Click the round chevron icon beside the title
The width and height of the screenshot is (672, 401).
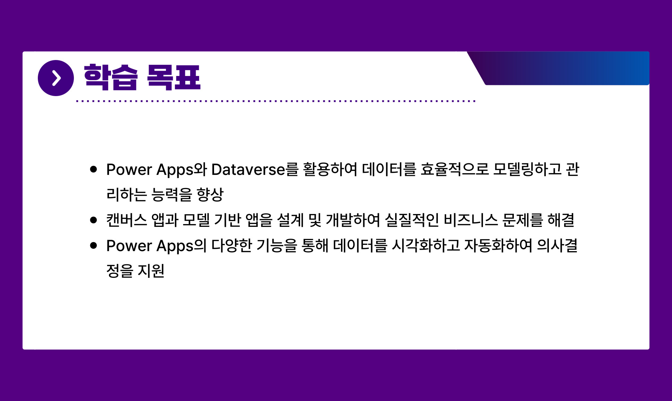click(56, 78)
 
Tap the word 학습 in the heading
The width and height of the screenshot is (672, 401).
click(111, 77)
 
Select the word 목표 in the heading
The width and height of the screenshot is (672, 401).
click(174, 77)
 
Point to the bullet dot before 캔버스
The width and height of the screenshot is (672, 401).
click(93, 220)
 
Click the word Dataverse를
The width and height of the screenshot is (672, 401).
click(255, 170)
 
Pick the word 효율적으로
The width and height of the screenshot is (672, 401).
click(455, 170)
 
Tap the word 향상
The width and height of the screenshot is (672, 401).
click(210, 195)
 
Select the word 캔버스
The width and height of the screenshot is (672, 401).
click(127, 220)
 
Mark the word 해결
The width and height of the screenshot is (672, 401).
click(561, 220)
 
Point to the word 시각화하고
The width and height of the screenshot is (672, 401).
click(426, 246)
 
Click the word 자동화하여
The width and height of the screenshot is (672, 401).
click(498, 246)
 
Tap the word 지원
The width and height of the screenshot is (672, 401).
click(151, 271)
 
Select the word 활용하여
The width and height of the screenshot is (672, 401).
click(330, 170)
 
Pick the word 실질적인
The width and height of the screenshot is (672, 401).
click(412, 220)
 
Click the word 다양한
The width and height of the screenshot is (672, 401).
click(232, 246)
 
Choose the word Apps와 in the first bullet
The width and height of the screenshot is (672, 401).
click(182, 170)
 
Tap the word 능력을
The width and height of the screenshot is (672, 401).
click(172, 195)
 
